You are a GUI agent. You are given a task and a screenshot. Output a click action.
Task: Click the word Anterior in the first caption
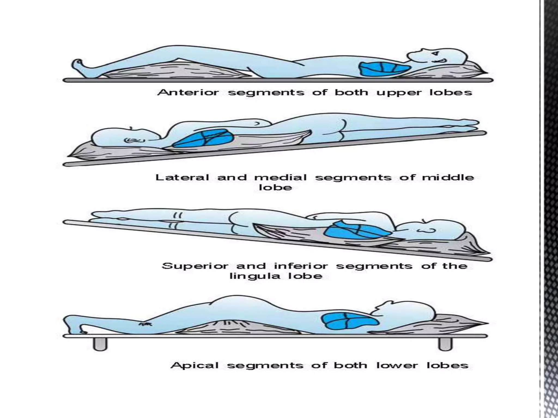(x=188, y=92)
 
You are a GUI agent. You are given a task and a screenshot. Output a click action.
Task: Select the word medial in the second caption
(x=281, y=177)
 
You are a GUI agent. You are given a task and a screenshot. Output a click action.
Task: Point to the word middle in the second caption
(x=448, y=177)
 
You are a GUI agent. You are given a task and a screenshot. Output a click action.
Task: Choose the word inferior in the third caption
(x=301, y=266)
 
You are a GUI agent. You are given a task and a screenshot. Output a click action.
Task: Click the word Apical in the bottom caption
(x=195, y=365)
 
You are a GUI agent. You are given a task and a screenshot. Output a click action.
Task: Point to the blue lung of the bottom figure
(x=349, y=321)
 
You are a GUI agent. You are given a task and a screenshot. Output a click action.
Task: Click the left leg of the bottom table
(x=100, y=344)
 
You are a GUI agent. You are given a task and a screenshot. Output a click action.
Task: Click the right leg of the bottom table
(x=445, y=344)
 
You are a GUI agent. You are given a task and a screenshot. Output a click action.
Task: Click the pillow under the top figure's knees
(x=174, y=72)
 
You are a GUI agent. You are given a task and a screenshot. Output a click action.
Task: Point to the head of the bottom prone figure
(x=409, y=313)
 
